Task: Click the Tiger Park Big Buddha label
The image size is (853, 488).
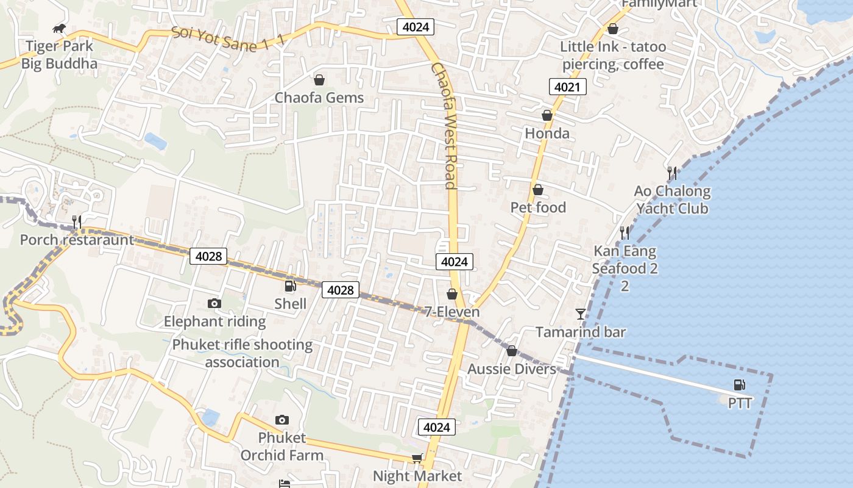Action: [x=59, y=55]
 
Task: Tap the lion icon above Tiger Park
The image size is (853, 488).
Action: [x=59, y=28]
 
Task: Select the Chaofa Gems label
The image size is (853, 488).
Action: [x=319, y=98]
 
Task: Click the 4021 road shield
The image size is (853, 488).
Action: [x=567, y=87]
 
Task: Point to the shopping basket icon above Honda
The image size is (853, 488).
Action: [x=547, y=115]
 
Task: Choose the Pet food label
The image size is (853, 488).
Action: [x=538, y=207]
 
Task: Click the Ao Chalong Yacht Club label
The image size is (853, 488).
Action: [x=672, y=199]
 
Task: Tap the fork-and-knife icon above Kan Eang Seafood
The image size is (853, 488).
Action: [x=625, y=232]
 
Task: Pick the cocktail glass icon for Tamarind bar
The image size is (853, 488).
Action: [x=580, y=314]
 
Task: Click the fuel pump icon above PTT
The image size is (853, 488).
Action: [x=739, y=385]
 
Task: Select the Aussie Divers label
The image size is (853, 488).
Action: [x=512, y=369]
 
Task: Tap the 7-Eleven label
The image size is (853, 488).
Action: [x=452, y=312]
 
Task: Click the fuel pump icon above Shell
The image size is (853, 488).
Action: [x=290, y=286]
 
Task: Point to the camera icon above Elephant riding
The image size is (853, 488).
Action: [x=214, y=303]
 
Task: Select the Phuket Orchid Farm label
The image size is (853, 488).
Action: [x=281, y=447]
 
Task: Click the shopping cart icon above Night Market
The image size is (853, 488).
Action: [x=417, y=458]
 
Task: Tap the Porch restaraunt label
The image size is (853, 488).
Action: [x=77, y=240]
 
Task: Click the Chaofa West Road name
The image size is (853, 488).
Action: [x=444, y=125]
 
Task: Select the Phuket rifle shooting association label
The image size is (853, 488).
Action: [x=242, y=353]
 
